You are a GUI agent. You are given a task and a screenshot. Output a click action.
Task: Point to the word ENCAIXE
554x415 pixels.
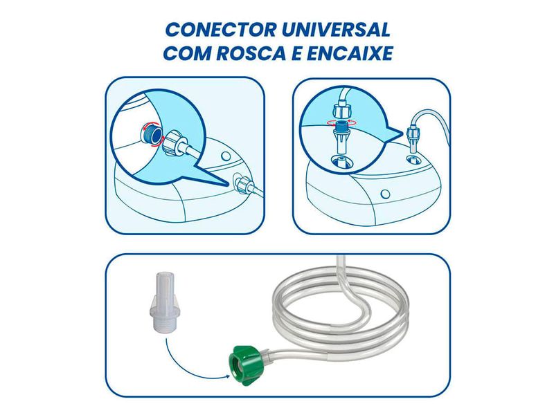pyautogui.click(x=350, y=54)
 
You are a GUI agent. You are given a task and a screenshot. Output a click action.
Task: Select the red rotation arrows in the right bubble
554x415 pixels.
pyautogui.click(x=341, y=120)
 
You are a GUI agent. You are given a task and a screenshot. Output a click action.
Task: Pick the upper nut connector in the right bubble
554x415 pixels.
pyautogui.click(x=340, y=109)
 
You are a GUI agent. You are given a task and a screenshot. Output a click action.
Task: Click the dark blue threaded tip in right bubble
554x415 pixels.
pyautogui.click(x=341, y=128)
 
